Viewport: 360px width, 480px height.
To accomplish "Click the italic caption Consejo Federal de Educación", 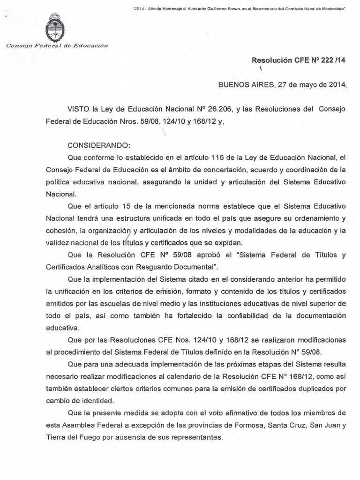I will pos(56,45).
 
